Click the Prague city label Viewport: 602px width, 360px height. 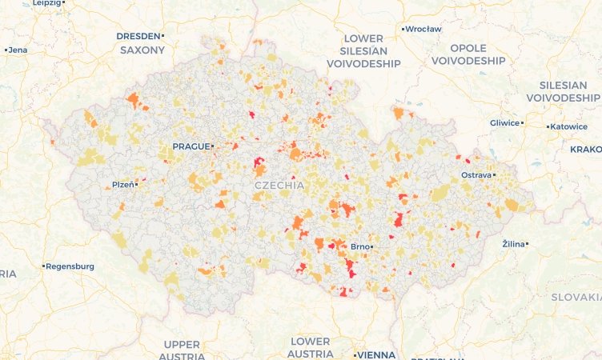[x=190, y=146]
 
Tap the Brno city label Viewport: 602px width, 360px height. [x=359, y=246]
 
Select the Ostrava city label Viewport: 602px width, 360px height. [x=476, y=174]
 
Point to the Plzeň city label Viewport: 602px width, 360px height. [x=122, y=184]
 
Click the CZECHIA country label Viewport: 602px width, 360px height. [x=279, y=185]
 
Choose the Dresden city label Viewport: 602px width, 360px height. [x=138, y=36]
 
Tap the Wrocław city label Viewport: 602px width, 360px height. [x=423, y=29]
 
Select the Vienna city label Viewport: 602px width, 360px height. [x=376, y=354]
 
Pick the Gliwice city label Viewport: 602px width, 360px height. [x=504, y=123]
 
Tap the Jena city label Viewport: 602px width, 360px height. [x=18, y=50]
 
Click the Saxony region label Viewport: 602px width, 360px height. [x=142, y=50]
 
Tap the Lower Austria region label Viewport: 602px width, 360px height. [x=311, y=347]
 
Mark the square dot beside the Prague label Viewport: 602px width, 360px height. [x=212, y=146]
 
